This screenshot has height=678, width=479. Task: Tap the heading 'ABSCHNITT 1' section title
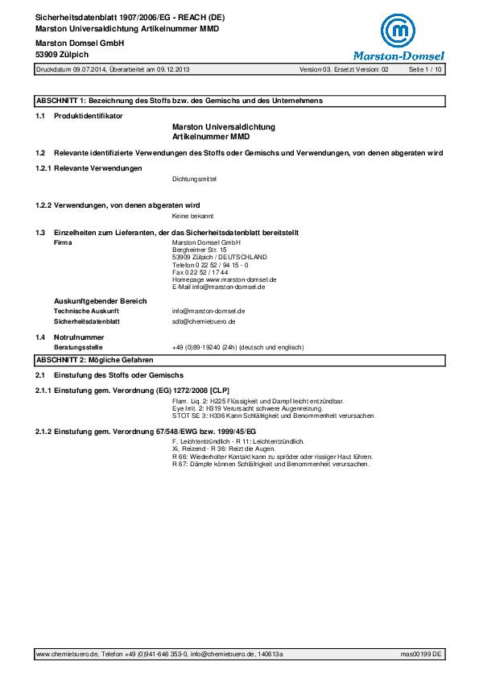179,101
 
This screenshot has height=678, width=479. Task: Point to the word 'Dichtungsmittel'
195,178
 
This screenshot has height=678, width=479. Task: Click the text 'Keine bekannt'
192,217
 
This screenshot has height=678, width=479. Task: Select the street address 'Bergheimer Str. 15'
200,250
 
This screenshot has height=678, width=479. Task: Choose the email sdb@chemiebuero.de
203,321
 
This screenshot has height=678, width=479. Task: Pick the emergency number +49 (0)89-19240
238,347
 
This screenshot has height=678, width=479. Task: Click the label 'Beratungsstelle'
77,347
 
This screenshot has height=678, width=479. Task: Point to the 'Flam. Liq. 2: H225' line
258,400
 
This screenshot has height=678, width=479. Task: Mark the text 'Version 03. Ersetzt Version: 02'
344,70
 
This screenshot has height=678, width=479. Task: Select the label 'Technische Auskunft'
86,310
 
